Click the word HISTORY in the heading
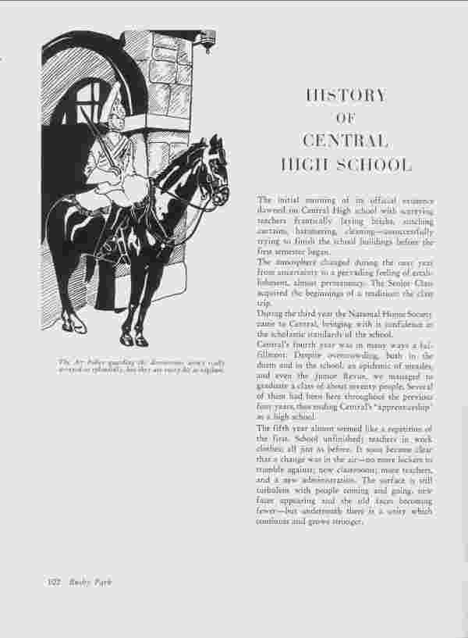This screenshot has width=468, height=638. pos(346,96)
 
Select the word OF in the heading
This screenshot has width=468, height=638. pos(346,119)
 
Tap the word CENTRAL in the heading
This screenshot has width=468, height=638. pos(346,141)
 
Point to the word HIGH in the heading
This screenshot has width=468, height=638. pos(304,165)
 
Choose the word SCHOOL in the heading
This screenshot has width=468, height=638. pos(373,165)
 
